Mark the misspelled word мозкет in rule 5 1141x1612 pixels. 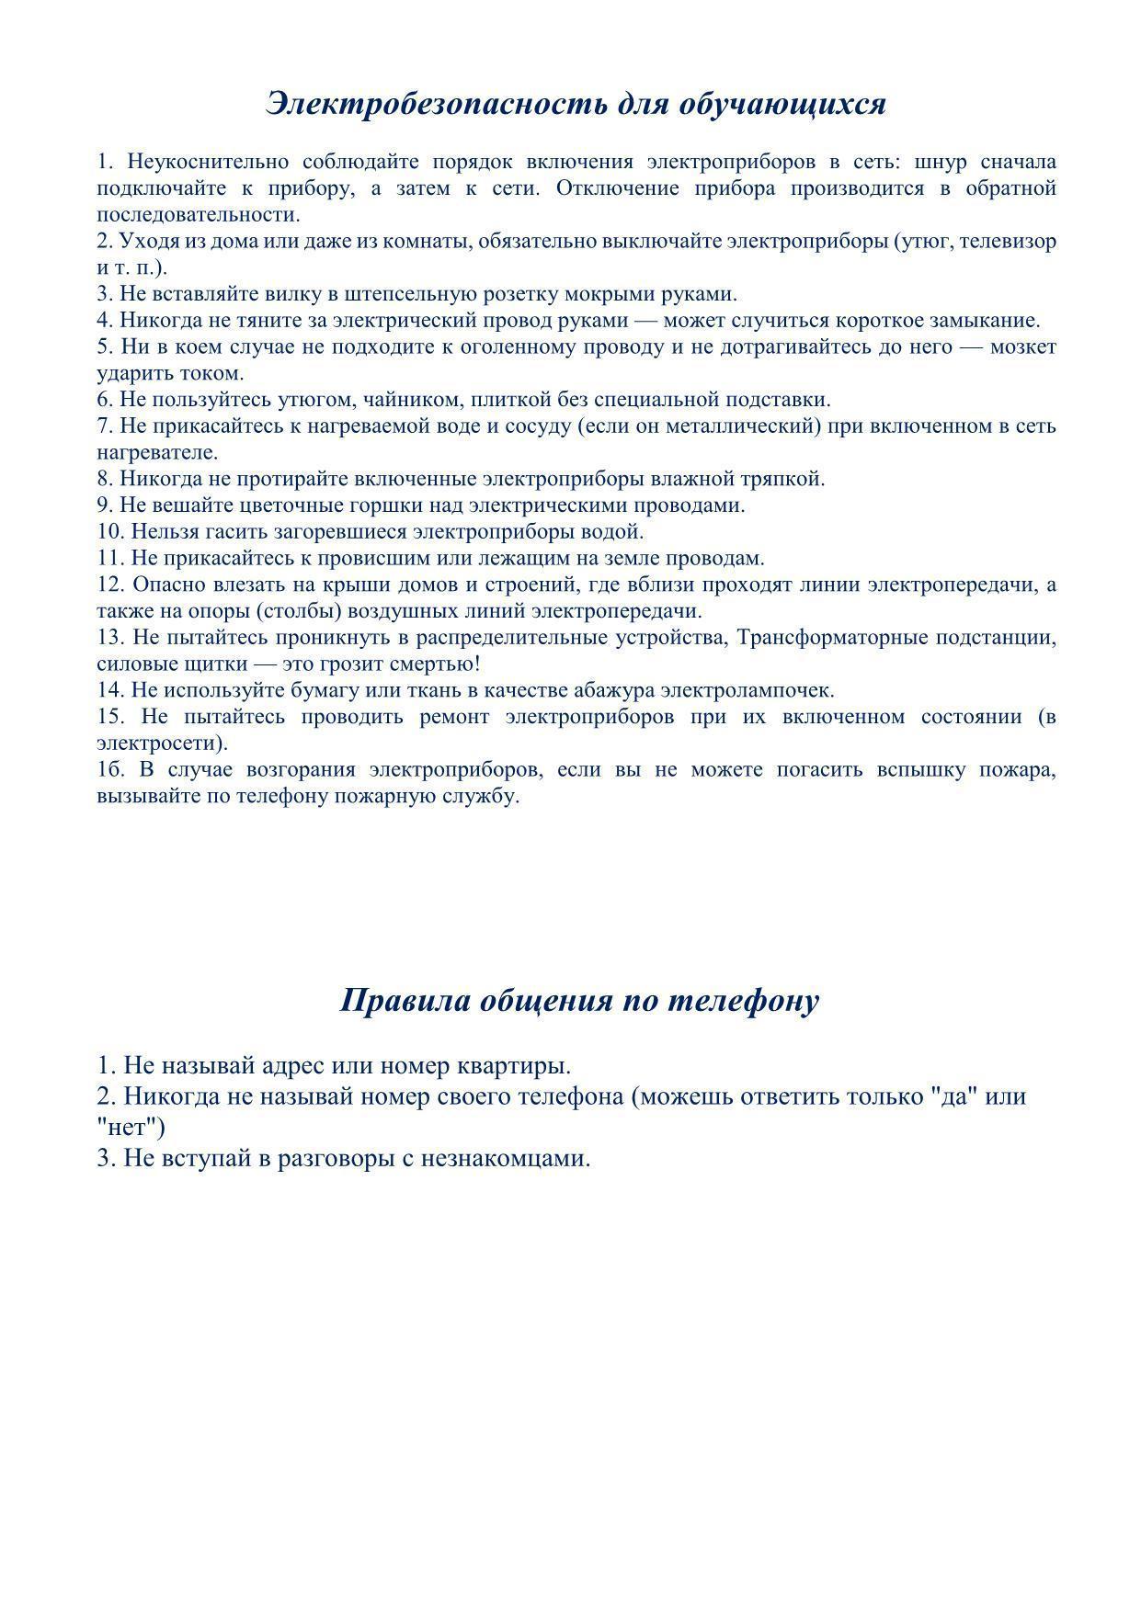point(1024,347)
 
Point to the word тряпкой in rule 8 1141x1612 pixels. point(787,479)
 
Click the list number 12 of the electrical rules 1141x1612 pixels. point(109,585)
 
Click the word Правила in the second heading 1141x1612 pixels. point(403,1000)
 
